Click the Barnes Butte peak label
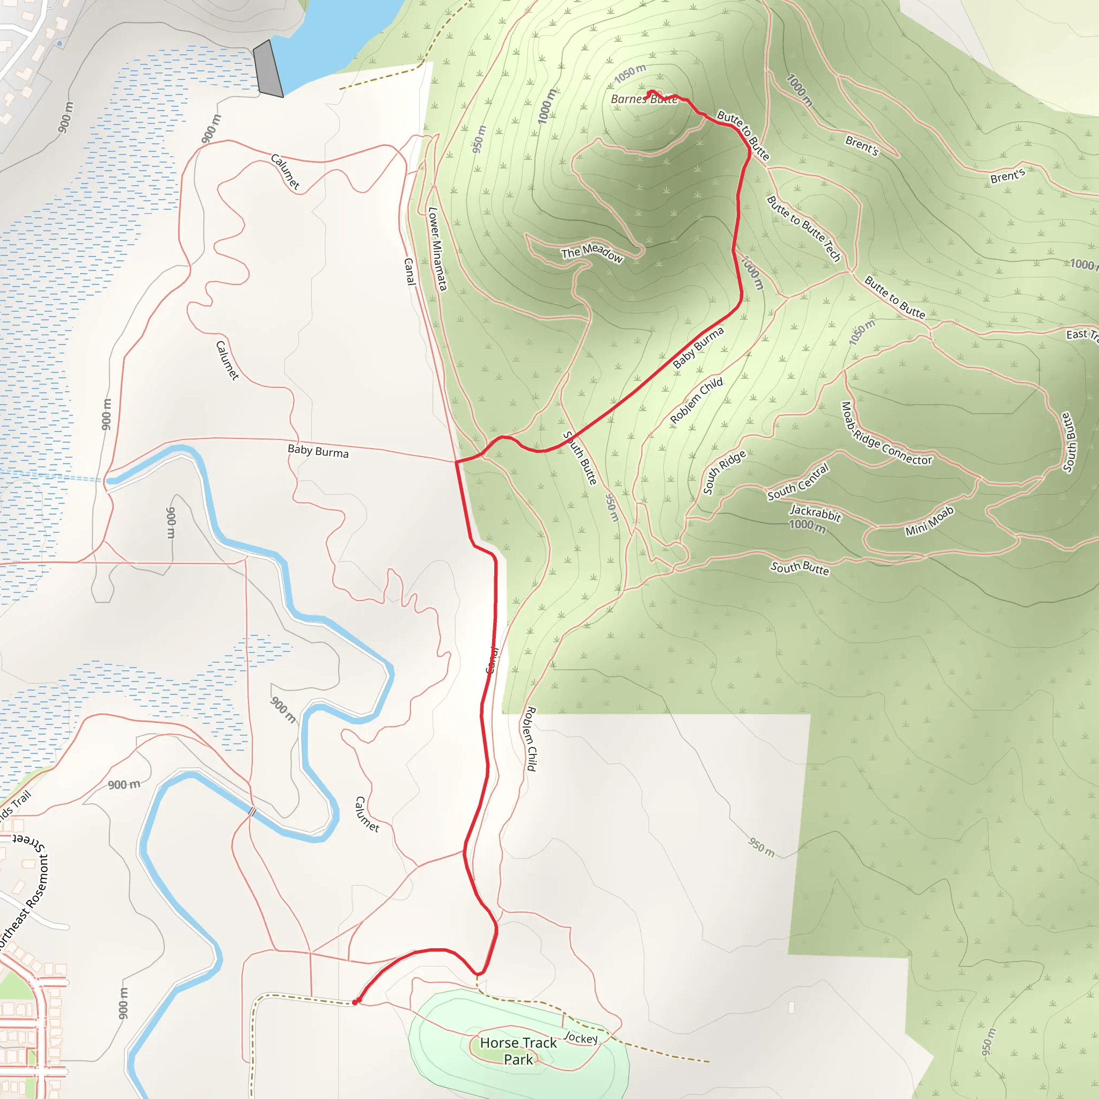click(643, 99)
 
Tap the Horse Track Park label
click(518, 1051)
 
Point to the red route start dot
click(356, 1002)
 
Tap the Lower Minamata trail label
click(437, 248)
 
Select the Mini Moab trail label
click(929, 521)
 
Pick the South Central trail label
click(798, 482)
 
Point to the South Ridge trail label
click(724, 472)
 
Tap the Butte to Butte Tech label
click(803, 228)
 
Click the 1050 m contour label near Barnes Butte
click(631, 74)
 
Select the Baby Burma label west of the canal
click(318, 451)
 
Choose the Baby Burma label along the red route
click(698, 348)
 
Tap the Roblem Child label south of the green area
click(530, 738)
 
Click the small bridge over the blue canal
click(252, 812)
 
